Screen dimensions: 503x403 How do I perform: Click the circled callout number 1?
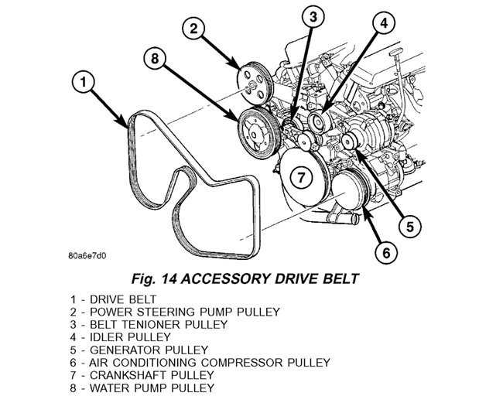click(83, 82)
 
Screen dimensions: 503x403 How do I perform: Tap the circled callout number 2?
click(193, 29)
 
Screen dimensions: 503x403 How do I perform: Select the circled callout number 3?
click(313, 16)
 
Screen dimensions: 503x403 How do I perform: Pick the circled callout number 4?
click(384, 22)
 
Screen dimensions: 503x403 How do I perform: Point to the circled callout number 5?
click(410, 227)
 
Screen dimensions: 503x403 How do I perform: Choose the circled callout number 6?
click(387, 253)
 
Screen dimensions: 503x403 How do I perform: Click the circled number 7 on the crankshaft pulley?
click(300, 177)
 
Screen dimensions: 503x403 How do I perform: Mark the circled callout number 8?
click(155, 59)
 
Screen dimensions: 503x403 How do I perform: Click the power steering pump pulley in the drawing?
click(255, 84)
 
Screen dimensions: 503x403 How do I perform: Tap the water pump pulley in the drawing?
click(259, 133)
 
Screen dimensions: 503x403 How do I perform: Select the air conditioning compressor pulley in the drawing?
click(351, 191)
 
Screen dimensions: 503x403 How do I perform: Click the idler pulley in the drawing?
click(319, 122)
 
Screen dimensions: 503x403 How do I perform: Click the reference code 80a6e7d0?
click(87, 256)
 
